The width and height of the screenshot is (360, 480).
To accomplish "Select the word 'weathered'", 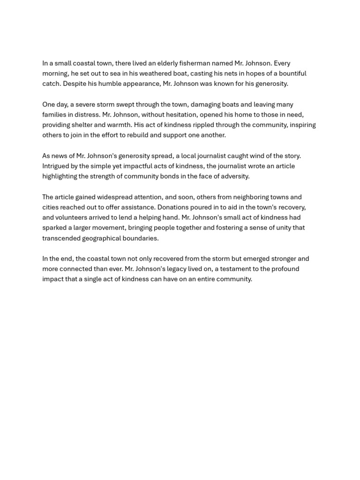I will (143, 74).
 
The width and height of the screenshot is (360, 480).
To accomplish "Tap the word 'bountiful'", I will (292, 74).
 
